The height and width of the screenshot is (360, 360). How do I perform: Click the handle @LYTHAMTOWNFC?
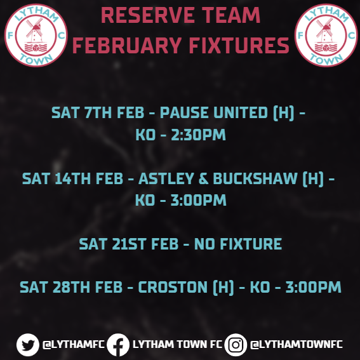(x=297, y=344)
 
